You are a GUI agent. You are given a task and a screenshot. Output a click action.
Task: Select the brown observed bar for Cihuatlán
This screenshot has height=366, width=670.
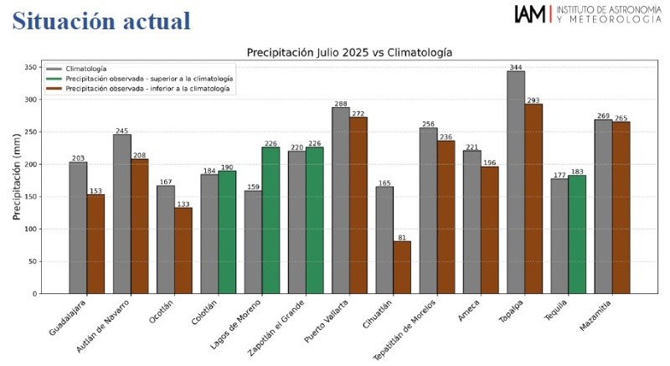402,267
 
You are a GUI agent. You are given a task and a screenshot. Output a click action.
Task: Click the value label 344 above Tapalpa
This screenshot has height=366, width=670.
516,66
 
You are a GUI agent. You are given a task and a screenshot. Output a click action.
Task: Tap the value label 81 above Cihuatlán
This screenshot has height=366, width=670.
402,237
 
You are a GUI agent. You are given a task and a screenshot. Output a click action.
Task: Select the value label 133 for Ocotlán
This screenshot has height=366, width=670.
183,204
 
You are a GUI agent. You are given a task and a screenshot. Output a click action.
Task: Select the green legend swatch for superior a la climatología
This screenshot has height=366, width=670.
54,78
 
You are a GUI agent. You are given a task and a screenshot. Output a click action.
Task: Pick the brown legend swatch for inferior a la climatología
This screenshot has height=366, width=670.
54,88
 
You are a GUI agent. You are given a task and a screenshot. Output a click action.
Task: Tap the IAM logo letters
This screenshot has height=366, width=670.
530,14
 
